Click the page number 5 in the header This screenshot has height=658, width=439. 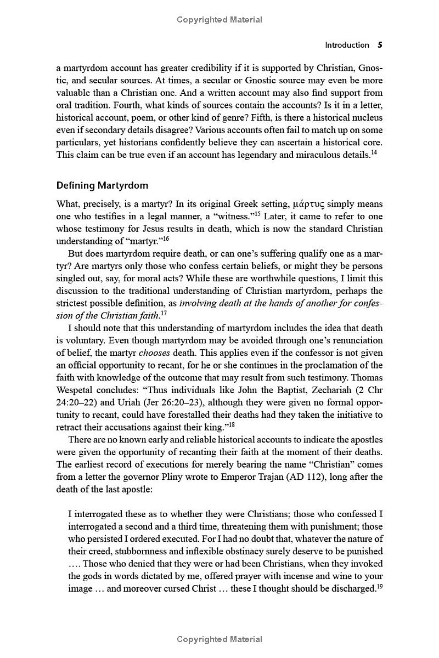(380, 45)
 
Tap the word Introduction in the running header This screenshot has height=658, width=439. (347, 45)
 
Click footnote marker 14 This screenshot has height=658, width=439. (374, 152)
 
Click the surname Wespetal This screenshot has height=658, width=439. (79, 390)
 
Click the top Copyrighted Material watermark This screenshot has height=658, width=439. (219, 20)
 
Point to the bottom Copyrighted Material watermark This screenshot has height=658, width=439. (219, 639)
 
